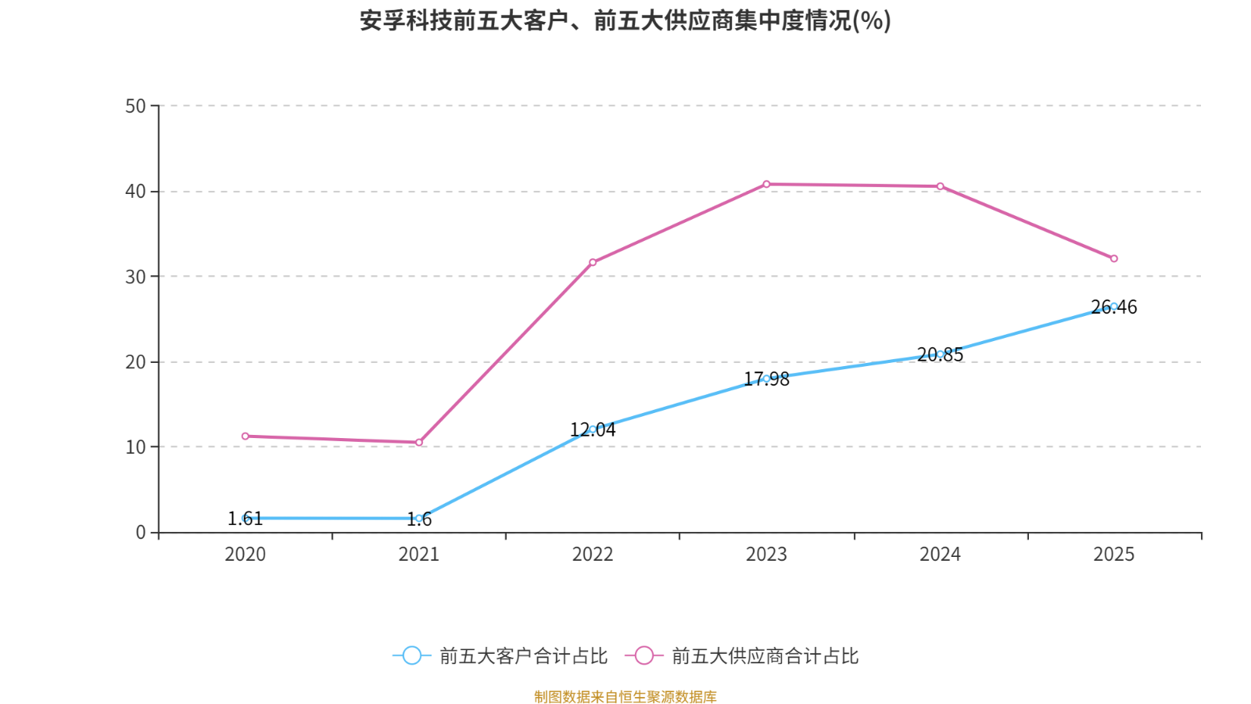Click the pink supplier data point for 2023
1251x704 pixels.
point(766,185)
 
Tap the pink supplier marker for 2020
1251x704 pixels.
point(246,436)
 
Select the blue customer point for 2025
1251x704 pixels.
point(1114,307)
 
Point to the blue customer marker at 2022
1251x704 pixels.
point(593,429)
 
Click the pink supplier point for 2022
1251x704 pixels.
point(593,262)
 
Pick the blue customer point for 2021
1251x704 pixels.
point(419,519)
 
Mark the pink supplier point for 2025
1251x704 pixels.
point(1114,259)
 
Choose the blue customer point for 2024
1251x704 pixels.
point(941,354)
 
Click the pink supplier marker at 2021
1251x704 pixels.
point(419,443)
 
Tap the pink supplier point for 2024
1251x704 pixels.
point(941,187)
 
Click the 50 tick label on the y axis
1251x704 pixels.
point(135,106)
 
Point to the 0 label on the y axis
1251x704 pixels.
point(141,533)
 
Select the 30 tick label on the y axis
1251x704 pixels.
point(135,277)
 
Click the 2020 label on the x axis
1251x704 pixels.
point(246,555)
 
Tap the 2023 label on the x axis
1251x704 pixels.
point(766,555)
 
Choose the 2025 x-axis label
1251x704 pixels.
point(1113,555)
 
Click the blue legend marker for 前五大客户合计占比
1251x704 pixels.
point(411,656)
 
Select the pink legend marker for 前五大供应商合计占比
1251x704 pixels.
point(643,656)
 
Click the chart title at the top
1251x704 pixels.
point(625,21)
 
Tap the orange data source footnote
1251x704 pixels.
point(625,696)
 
